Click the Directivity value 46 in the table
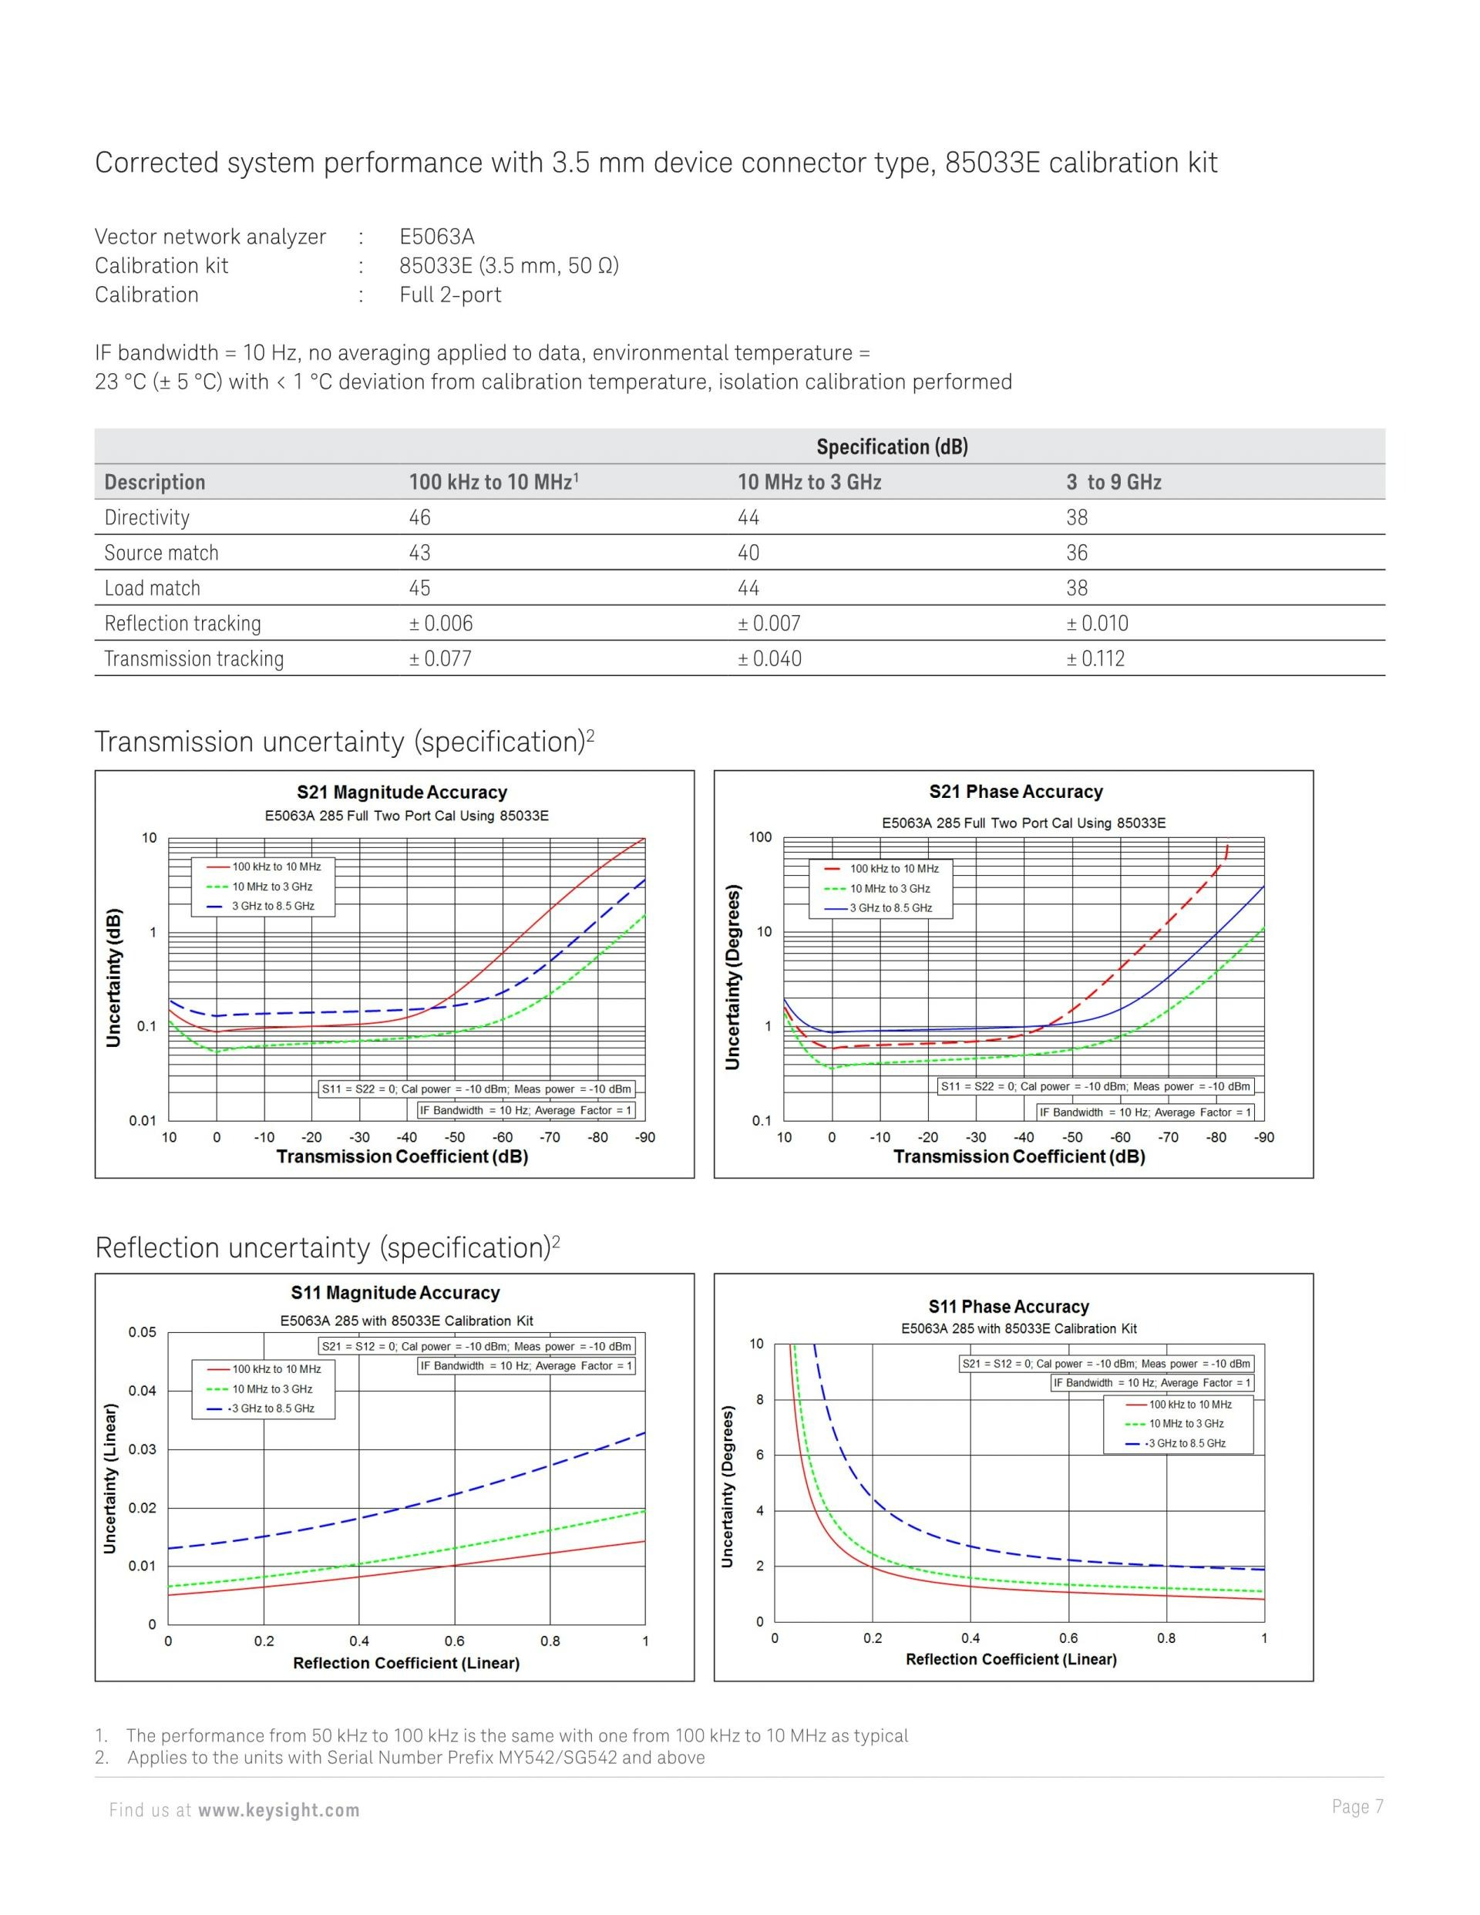pos(419,517)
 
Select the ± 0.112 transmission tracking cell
pos(1095,658)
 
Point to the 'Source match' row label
pos(161,553)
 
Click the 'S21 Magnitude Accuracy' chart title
pos(402,792)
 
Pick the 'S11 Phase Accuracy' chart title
pos(1008,1307)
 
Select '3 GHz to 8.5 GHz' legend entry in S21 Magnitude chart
pos(273,906)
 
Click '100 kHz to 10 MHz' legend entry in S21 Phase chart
pos(893,868)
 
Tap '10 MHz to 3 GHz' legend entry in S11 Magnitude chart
pos(272,1389)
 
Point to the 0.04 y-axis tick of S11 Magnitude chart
pos(142,1391)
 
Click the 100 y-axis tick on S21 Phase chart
pos(759,837)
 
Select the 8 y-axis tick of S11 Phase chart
pos(759,1399)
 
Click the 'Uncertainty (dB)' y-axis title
pos(113,978)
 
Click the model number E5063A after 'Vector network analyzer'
pos(436,236)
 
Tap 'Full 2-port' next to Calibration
pos(450,294)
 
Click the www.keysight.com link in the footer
pos(279,1810)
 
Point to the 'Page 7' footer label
pos(1357,1806)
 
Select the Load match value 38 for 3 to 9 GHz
pos(1077,587)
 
